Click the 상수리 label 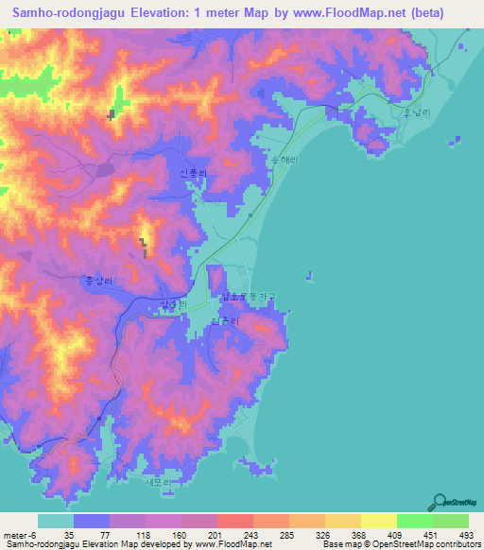pyautogui.click(x=176, y=302)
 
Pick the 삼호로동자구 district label pyautogui.click(x=248, y=297)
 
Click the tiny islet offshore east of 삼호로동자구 pyautogui.click(x=309, y=277)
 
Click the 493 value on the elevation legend pyautogui.click(x=467, y=534)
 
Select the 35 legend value pyautogui.click(x=69, y=534)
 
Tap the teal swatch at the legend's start pyautogui.click(x=56, y=521)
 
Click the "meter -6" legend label pyautogui.click(x=19, y=534)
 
